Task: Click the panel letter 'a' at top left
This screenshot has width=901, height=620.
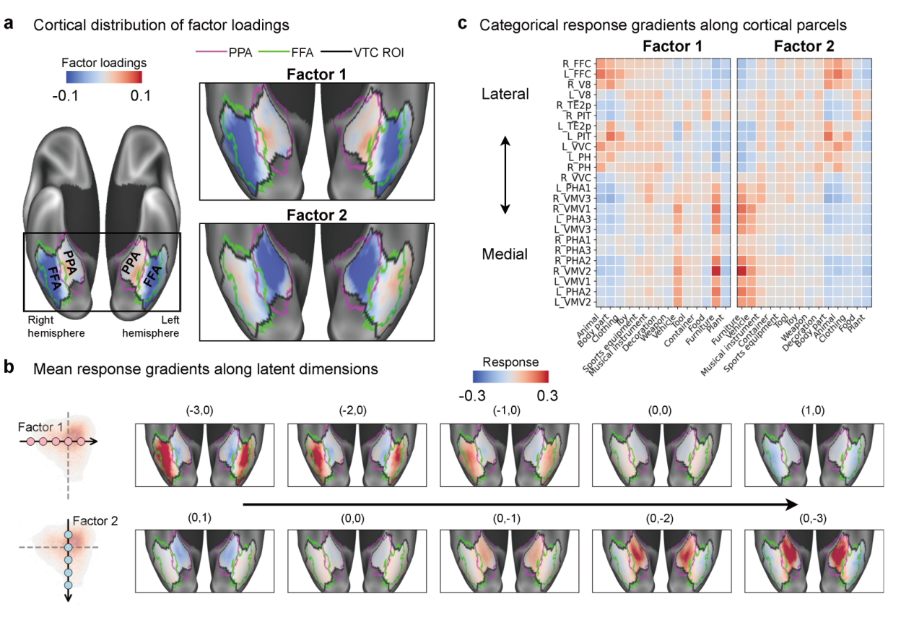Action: (9, 24)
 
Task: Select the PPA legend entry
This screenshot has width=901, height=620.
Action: (224, 53)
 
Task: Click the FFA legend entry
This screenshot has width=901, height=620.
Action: (286, 53)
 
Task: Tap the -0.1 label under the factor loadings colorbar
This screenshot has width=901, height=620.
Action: (65, 96)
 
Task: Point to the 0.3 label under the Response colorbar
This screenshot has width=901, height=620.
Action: (547, 396)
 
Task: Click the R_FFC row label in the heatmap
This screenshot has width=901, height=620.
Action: (577, 64)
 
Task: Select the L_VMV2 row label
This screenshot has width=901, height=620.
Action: (573, 302)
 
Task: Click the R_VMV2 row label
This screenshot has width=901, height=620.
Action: (573, 271)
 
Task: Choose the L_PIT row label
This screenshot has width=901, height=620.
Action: (579, 136)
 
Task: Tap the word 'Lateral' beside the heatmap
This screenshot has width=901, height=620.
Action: (505, 94)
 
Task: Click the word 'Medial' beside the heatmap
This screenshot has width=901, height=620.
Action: (505, 254)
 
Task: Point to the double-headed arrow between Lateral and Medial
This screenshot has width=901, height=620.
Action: (505, 175)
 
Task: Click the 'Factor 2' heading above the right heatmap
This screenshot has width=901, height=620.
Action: (804, 46)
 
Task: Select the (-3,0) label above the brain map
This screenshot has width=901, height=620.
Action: (199, 410)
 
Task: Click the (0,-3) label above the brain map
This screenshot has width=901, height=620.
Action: (813, 519)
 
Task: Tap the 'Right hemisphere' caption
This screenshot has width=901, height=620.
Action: (56, 327)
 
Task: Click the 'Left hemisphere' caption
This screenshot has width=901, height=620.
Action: (151, 327)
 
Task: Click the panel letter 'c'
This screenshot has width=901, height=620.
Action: (463, 24)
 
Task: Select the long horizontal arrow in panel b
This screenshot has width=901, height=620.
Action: (521, 504)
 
